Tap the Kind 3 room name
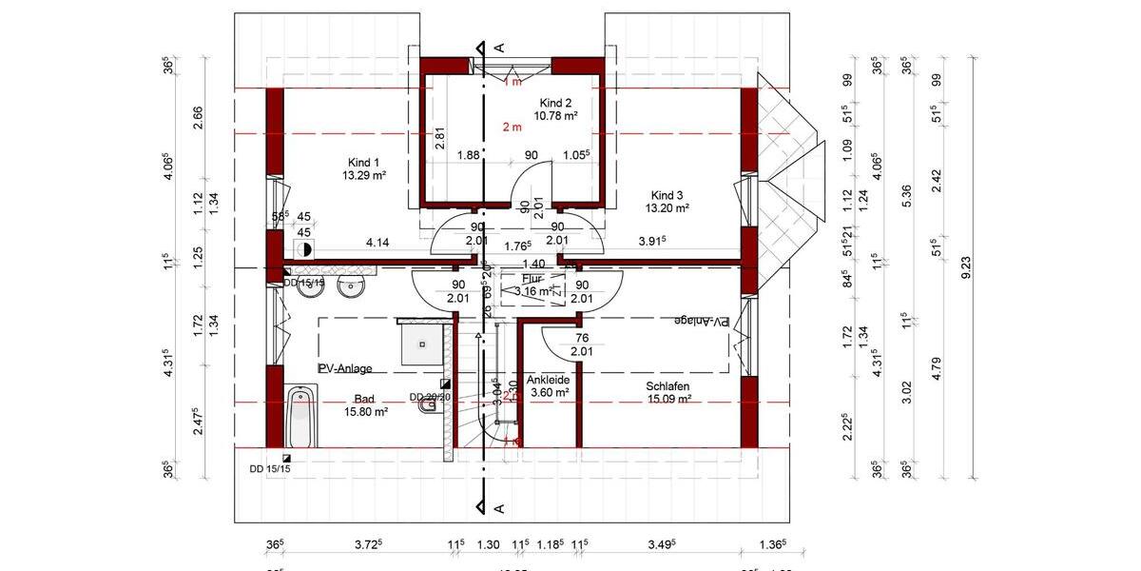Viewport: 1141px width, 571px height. pos(667,193)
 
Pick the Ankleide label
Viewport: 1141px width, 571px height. pos(549,379)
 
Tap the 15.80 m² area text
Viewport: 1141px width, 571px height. pos(365,412)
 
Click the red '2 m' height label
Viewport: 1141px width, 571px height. pos(512,127)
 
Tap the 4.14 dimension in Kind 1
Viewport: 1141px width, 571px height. pos(378,244)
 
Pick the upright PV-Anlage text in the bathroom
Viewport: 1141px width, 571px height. pos(345,368)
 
